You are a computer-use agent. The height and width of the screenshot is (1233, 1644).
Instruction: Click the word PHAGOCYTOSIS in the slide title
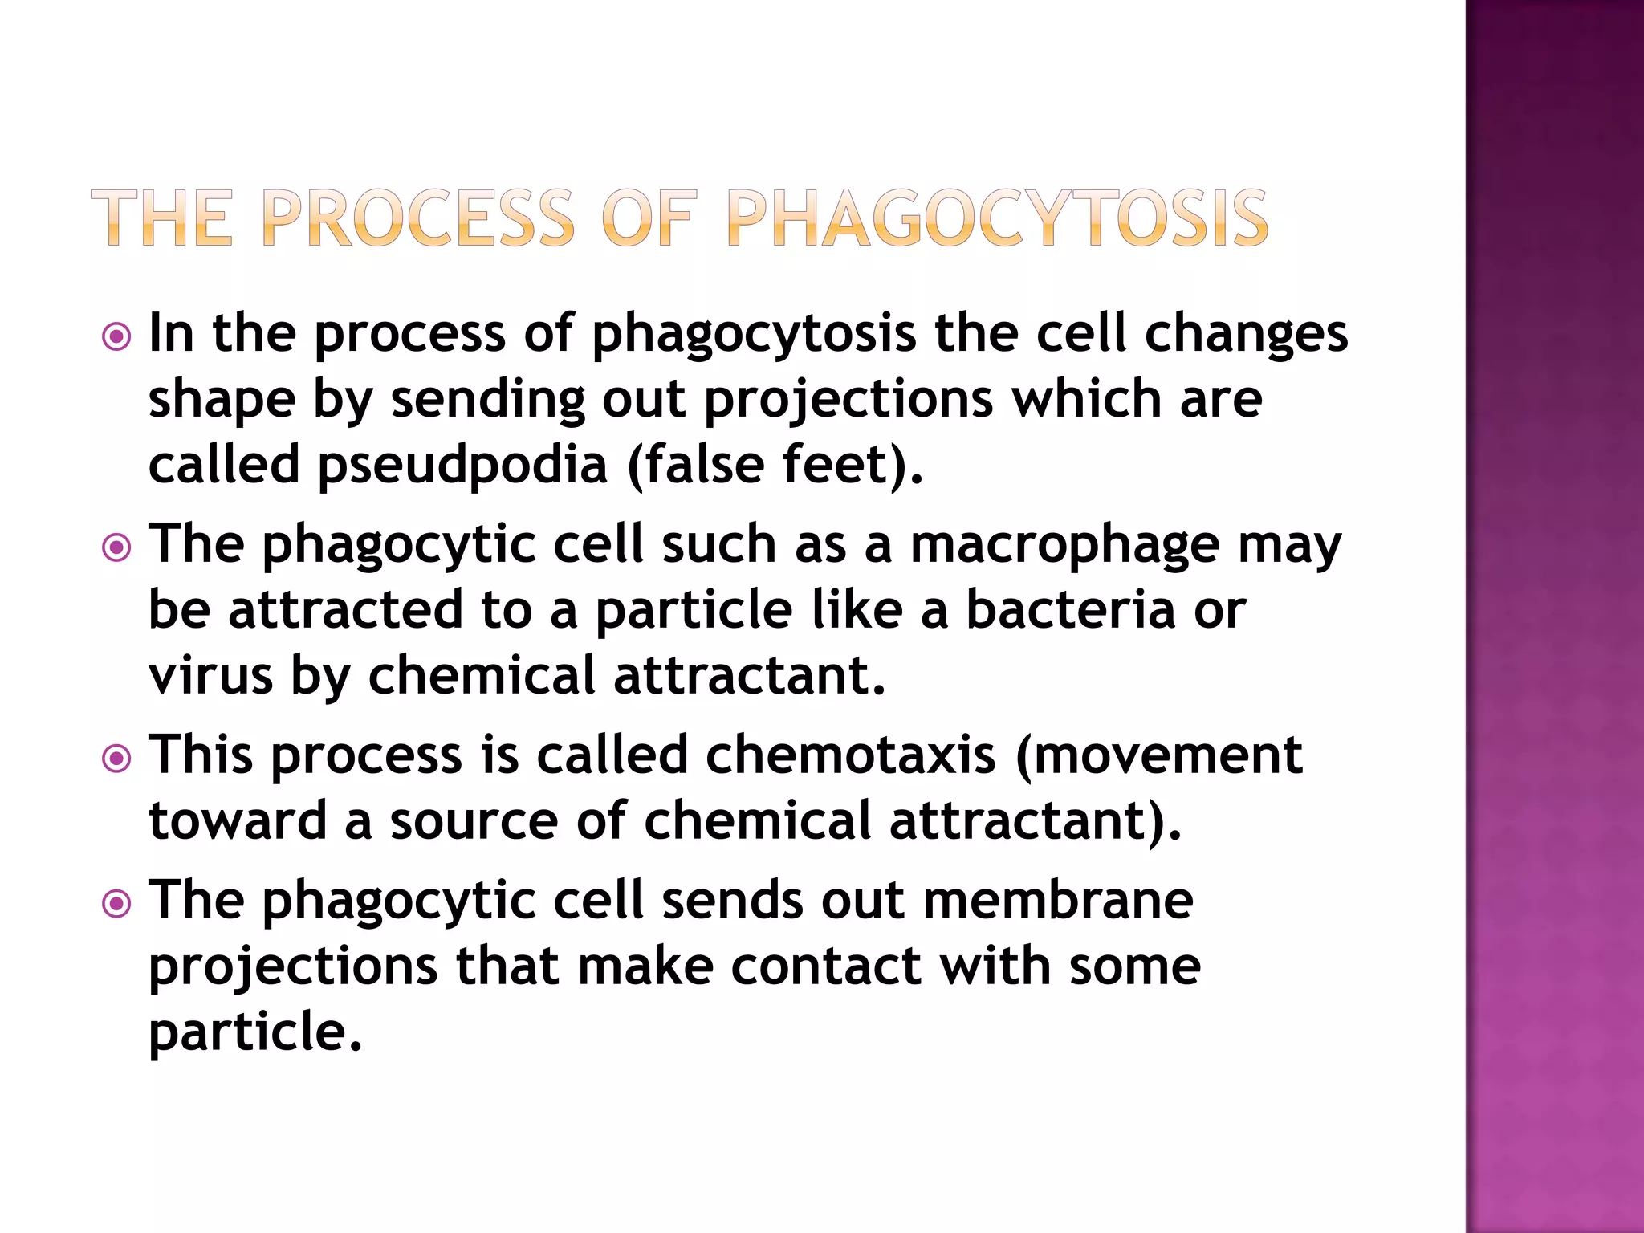tap(996, 218)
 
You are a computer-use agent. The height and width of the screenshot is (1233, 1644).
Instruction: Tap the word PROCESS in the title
tap(417, 218)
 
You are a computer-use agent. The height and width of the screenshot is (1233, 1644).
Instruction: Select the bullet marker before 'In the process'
tap(117, 336)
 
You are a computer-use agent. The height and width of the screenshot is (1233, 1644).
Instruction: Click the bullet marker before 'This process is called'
tap(117, 759)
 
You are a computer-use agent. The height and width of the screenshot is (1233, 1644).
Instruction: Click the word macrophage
tap(1064, 547)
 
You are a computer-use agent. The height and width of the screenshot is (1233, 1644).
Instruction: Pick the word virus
tap(210, 676)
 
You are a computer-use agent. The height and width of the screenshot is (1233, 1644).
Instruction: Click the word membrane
tap(1058, 901)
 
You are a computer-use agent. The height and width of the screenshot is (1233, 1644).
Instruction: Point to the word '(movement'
tap(1159, 756)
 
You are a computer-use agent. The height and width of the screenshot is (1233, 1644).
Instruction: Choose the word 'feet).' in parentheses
tap(853, 466)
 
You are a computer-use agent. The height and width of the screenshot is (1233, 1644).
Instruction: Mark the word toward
tap(238, 822)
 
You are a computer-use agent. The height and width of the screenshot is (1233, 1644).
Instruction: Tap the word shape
tap(222, 401)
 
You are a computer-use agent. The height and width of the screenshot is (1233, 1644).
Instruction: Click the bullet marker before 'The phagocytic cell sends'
tap(117, 905)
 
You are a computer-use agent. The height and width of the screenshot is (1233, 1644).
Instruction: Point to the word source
tap(474, 822)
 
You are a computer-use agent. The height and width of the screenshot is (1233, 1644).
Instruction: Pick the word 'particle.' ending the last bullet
tap(255, 1032)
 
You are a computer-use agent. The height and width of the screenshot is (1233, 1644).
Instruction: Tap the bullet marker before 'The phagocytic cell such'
tap(117, 548)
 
